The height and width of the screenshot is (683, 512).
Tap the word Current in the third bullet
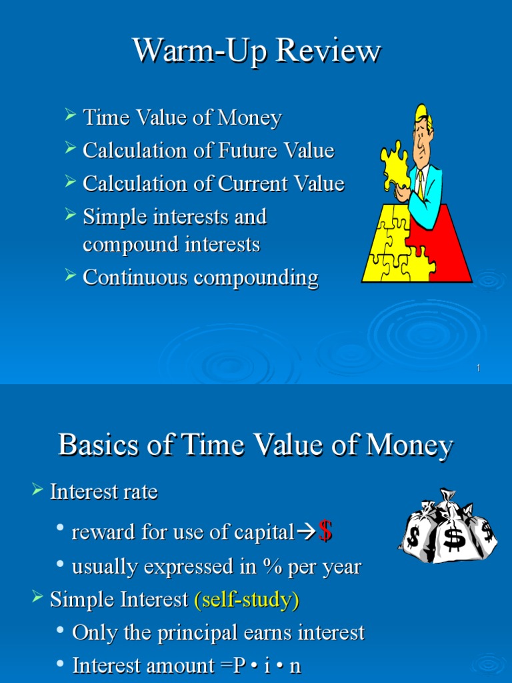click(x=249, y=183)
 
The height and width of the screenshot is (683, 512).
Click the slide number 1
click(x=479, y=369)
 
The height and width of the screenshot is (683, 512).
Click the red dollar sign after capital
click(x=325, y=532)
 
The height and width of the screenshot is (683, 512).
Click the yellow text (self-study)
click(x=247, y=600)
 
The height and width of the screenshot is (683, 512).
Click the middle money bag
click(x=453, y=534)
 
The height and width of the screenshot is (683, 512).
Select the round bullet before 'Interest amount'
click(x=61, y=664)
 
